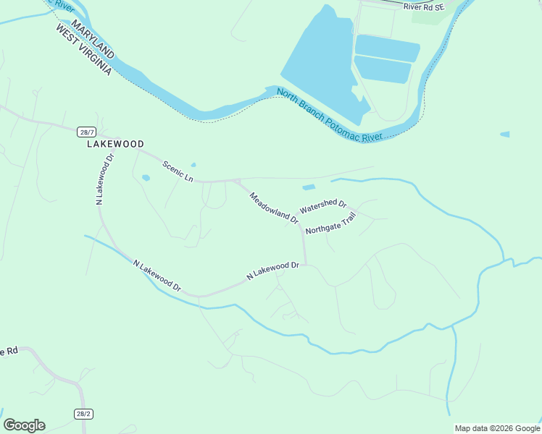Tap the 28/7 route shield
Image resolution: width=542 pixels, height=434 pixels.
86,132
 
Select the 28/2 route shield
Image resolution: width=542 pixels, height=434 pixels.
83,414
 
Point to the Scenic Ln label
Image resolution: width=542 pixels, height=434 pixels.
178,171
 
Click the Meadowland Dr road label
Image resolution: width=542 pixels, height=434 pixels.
274,208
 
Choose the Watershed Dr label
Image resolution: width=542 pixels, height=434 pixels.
323,207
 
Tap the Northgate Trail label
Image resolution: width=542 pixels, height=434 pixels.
331,225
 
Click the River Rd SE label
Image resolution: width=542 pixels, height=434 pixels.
423,7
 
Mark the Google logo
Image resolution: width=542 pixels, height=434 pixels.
24,425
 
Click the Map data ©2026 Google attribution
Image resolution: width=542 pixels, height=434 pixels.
498,428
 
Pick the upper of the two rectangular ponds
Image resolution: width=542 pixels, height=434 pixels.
388,48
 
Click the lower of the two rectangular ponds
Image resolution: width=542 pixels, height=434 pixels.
383,69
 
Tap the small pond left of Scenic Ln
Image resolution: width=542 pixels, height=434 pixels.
146,177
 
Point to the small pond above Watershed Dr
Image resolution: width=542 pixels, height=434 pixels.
308,188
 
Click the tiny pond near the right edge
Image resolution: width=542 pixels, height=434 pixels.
504,135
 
